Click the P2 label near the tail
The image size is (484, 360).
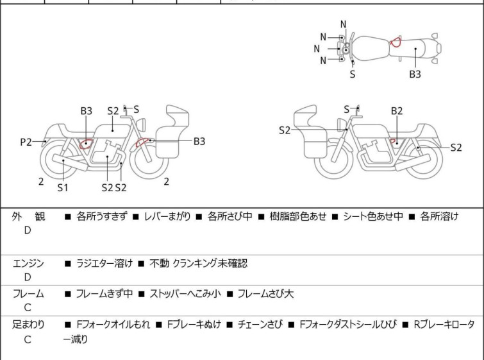pos(26,142)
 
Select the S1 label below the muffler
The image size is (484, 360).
pos(62,187)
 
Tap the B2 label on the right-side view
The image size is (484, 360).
pos(397,111)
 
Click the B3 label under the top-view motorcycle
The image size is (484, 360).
pos(415,74)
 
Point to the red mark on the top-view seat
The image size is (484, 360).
pos(396,42)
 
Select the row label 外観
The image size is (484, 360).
pos(28,217)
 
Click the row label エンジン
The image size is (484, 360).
pos(28,263)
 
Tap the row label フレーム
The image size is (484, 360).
pos(28,294)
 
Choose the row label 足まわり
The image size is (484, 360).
pos(28,325)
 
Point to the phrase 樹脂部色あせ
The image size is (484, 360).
pos(297,217)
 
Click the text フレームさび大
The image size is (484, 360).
pos(265,294)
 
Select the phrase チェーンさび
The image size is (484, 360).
pos(260,325)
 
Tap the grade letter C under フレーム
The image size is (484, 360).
pos(28,308)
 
